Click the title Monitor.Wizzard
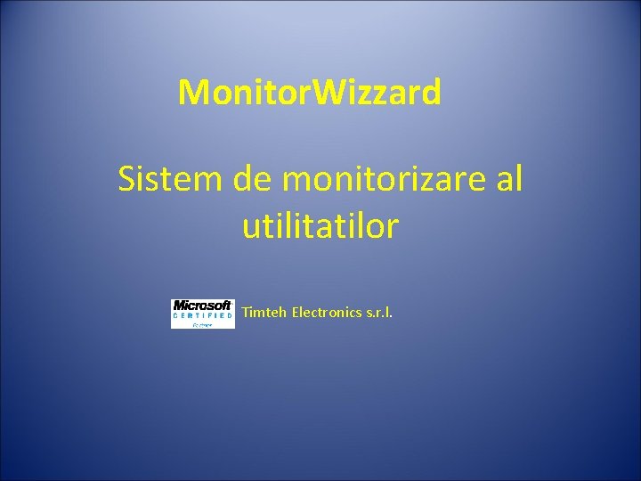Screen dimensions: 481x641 point(309,92)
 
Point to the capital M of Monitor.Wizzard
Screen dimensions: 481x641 point(193,92)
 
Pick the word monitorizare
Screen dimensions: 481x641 point(383,180)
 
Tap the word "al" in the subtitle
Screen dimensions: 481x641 point(509,180)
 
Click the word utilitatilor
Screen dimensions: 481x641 point(320,226)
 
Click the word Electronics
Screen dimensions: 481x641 point(327,313)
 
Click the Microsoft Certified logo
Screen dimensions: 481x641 point(203,314)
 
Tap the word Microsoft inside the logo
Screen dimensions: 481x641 point(203,306)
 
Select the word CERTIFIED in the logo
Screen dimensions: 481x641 point(203,315)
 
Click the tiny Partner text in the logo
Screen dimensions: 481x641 point(203,325)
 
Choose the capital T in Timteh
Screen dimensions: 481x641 point(247,313)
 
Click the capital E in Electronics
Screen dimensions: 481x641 point(296,313)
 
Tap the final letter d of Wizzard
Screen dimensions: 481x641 point(430,92)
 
